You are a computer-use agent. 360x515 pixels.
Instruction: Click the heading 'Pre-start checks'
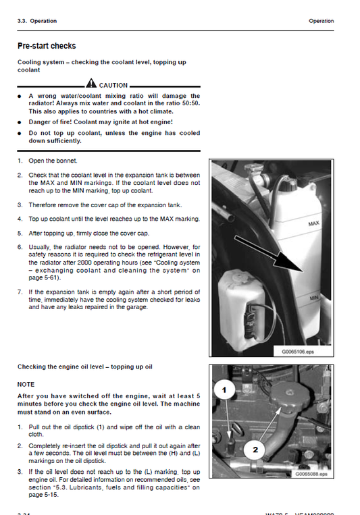click(x=47, y=46)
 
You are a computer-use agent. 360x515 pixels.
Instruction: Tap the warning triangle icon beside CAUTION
click(x=91, y=84)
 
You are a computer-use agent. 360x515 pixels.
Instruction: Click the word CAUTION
click(x=113, y=86)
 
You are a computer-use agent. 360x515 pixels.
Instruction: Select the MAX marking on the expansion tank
click(x=313, y=223)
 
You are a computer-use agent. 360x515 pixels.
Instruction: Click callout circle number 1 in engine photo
click(x=224, y=389)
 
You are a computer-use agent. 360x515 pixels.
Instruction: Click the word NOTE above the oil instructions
click(x=26, y=383)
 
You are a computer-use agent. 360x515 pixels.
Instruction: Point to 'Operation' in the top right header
click(x=321, y=21)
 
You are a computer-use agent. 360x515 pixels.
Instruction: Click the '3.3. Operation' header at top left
click(x=37, y=21)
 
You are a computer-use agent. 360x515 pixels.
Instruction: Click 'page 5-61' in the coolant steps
click(x=43, y=277)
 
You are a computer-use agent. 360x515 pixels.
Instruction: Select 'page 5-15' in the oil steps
click(x=43, y=495)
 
